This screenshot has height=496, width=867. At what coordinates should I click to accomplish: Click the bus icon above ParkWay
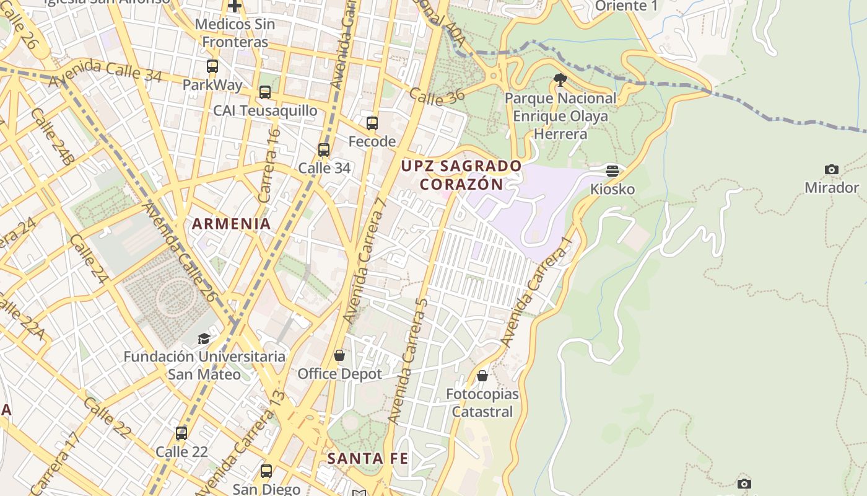(212, 66)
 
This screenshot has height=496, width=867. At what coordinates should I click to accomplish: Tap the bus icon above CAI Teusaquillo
(265, 92)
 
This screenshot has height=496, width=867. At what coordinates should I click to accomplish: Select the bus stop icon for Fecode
(372, 123)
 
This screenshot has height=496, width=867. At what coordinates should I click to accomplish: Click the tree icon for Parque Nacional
(560, 79)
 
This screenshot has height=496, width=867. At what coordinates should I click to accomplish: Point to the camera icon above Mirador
(832, 169)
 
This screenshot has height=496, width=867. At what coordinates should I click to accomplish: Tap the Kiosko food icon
(612, 171)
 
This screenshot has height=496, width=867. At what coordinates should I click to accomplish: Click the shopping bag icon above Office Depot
(339, 355)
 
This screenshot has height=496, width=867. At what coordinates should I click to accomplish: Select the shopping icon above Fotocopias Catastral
(482, 376)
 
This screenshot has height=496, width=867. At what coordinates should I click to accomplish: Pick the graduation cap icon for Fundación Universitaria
(204, 339)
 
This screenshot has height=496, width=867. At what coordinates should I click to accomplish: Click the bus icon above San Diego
(266, 471)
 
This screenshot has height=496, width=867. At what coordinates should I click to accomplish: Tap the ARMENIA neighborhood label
(231, 224)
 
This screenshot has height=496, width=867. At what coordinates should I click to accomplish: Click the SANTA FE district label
(367, 459)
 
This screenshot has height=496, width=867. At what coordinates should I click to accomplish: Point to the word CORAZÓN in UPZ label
(461, 185)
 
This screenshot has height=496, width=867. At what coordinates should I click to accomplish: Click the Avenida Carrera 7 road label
(367, 260)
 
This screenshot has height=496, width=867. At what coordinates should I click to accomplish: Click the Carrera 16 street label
(269, 166)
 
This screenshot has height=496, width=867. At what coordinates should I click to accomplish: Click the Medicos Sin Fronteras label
(235, 33)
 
